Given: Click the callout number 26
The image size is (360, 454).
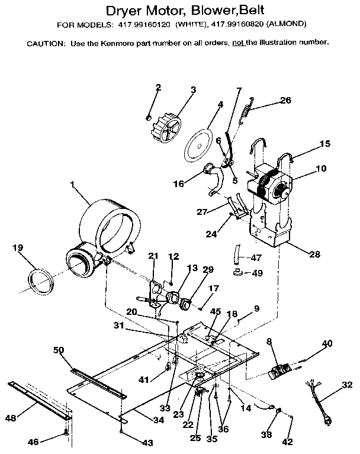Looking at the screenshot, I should (x=285, y=100).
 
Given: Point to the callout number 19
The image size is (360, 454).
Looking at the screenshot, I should (x=18, y=248).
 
